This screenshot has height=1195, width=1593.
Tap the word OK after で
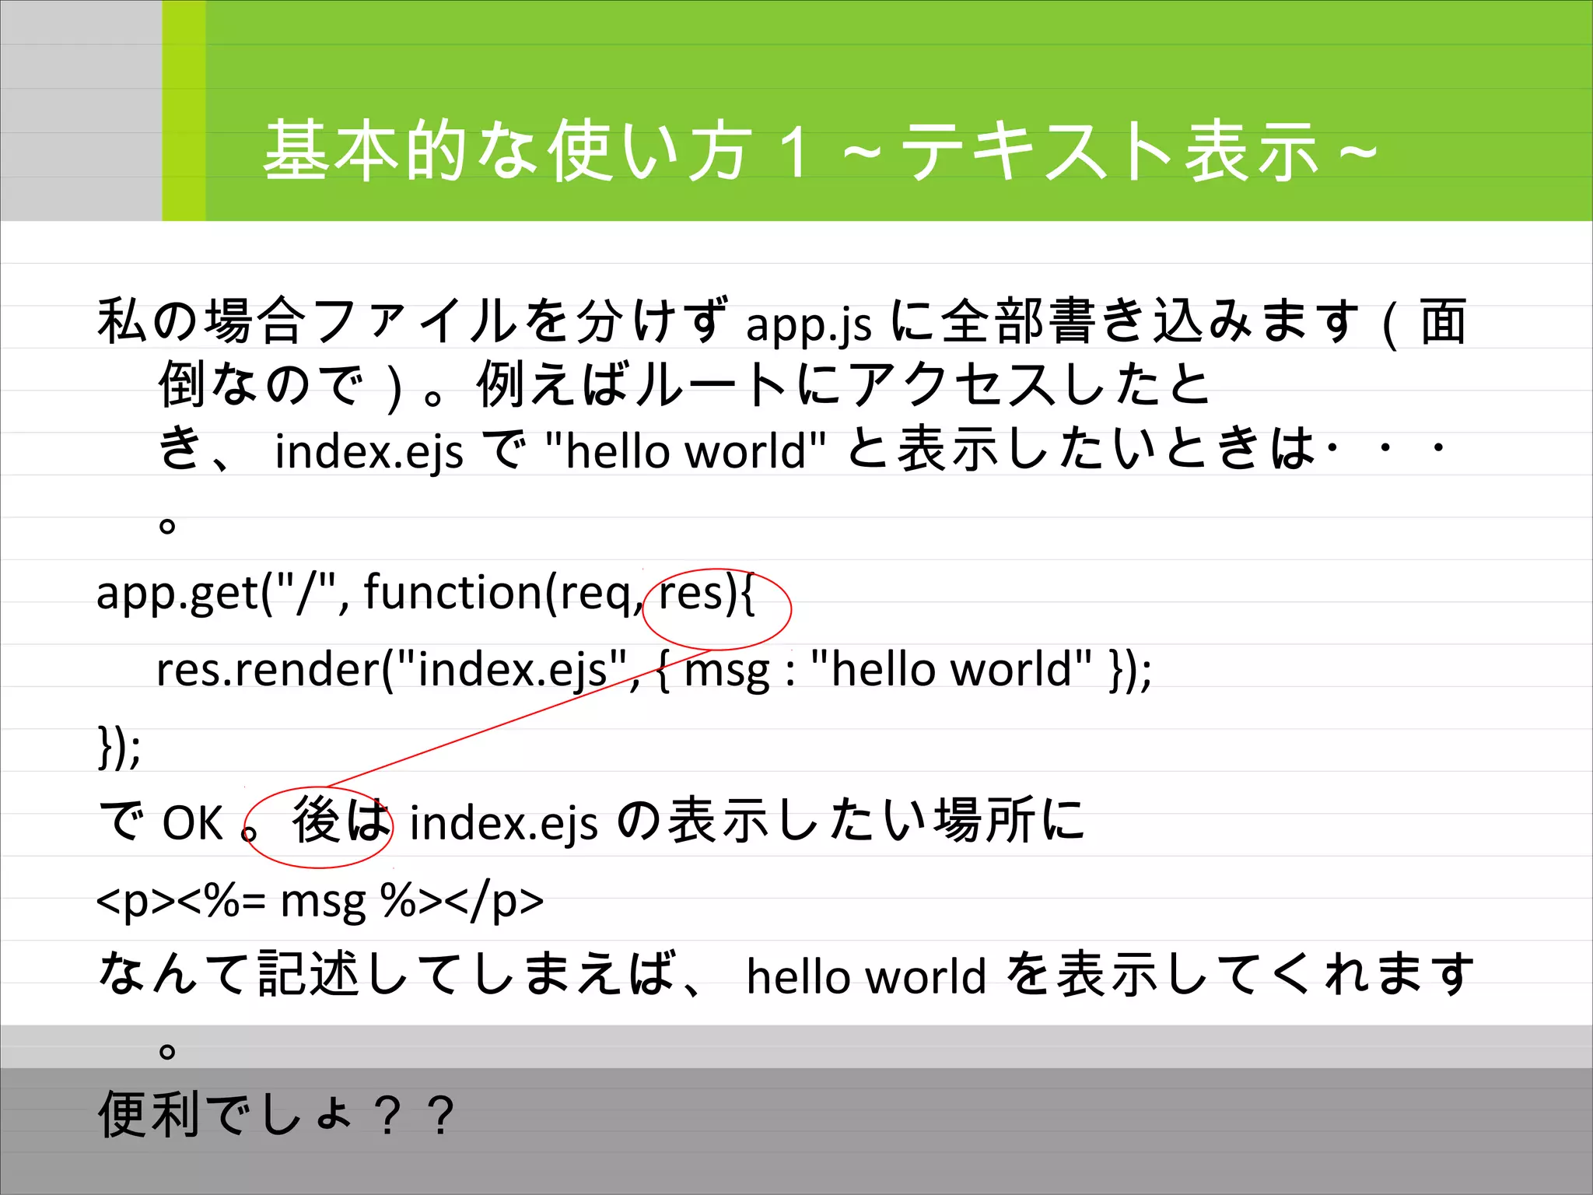click(192, 823)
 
